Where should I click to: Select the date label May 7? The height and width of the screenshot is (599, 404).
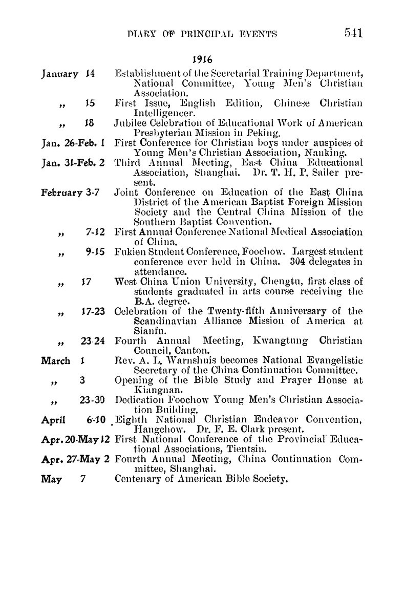point(62,480)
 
